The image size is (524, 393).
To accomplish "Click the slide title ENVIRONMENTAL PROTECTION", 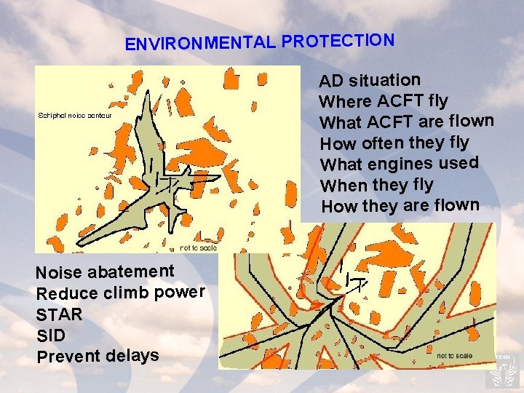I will pyautogui.click(x=260, y=41).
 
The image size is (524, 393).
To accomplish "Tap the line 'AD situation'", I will pyautogui.click(x=370, y=79).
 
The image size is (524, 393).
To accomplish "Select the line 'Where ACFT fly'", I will pyautogui.click(x=384, y=100).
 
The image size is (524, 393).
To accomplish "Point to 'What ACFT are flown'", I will pyautogui.click(x=407, y=121).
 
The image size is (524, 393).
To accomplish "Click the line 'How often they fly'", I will pyautogui.click(x=394, y=142).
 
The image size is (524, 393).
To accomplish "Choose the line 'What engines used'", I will pyautogui.click(x=400, y=163).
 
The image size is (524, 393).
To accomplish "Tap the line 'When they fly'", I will pyautogui.click(x=376, y=185).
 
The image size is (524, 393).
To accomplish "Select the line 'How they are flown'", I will pyautogui.click(x=400, y=206).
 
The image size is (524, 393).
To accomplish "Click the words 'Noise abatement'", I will pyautogui.click(x=106, y=272).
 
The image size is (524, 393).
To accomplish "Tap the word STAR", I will pyautogui.click(x=59, y=315).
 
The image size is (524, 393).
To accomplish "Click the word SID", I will pyautogui.click(x=50, y=336).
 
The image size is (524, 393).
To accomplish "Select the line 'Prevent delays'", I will pyautogui.click(x=98, y=357).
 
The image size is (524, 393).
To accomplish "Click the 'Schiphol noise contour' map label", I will pyautogui.click(x=74, y=116).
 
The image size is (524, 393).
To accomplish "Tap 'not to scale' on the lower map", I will pyautogui.click(x=454, y=356).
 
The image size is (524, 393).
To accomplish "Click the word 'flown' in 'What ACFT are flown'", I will pyautogui.click(x=472, y=120).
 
